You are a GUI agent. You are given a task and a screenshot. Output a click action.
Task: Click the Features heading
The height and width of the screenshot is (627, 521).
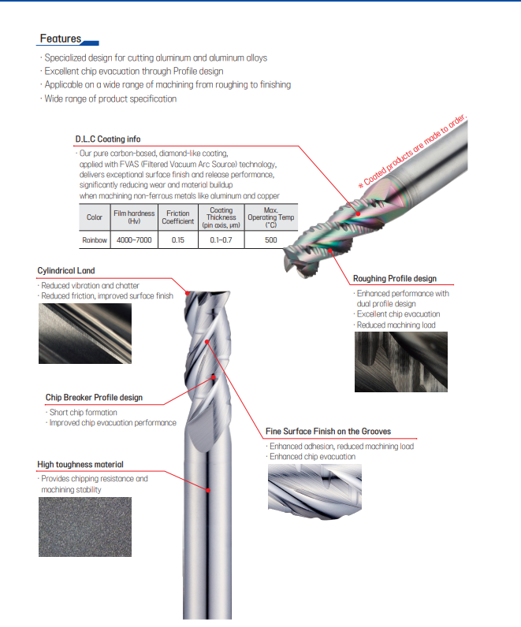coord(61,39)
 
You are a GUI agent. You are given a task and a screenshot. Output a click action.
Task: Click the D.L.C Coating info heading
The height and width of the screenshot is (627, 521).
coord(108,139)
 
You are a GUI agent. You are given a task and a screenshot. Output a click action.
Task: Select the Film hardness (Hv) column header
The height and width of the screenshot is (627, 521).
coord(134,217)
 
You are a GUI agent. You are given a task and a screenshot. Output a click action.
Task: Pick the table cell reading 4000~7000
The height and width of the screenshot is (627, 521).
coord(134,240)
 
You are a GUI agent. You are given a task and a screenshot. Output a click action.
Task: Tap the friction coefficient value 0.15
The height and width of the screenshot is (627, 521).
coord(178,240)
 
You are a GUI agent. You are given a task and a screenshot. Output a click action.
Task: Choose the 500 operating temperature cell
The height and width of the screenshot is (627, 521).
coord(271,240)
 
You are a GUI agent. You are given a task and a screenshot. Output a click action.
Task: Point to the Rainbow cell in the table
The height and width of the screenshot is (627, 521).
coord(95,240)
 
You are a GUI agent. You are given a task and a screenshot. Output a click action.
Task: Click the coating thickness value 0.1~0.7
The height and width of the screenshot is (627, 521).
coord(221,240)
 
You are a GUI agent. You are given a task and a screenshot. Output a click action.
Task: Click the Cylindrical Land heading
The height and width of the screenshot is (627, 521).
coord(66,271)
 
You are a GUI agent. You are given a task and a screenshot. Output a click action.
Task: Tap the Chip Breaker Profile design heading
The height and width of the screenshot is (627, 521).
coord(94,398)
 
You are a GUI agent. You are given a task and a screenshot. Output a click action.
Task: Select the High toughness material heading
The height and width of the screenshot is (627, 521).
coord(80,464)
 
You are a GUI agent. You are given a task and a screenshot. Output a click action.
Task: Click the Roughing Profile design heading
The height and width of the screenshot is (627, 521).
coord(395,278)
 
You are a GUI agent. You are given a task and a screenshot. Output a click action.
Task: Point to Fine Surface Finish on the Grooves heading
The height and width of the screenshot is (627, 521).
coord(328,431)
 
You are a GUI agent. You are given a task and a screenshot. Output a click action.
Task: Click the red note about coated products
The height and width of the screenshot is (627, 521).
coord(412,150)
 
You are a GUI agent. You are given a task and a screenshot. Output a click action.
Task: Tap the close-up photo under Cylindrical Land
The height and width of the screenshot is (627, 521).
coord(85,333)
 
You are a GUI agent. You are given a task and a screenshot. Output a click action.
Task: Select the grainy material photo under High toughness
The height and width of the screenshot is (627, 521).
coord(85,527)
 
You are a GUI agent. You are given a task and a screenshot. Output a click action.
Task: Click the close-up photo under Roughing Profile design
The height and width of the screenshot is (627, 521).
coord(401,362)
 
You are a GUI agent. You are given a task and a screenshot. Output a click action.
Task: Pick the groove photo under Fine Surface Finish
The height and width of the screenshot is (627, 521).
coord(314,492)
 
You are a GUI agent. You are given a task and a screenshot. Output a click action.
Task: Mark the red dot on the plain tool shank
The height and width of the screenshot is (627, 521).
coord(208,490)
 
